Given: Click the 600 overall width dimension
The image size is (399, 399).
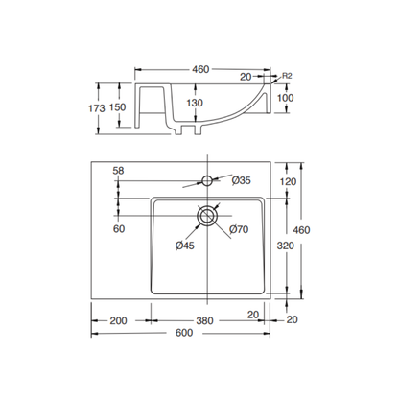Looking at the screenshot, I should click(199, 334).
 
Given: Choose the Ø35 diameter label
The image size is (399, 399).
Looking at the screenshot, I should click(241, 179).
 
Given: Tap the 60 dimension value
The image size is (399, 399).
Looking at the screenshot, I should click(118, 228).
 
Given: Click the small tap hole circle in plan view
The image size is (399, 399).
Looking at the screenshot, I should click(207, 179).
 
